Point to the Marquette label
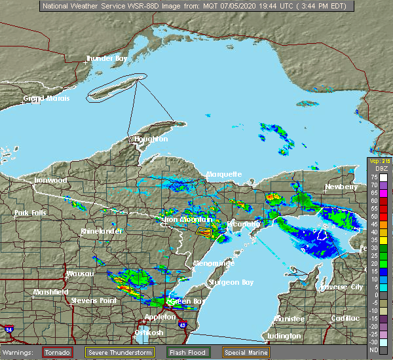click(x=224, y=174)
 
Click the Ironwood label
click(x=51, y=180)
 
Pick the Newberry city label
click(x=342, y=187)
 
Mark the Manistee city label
click(x=289, y=318)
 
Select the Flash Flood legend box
click(x=187, y=352)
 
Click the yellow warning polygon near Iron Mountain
click(x=204, y=231)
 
